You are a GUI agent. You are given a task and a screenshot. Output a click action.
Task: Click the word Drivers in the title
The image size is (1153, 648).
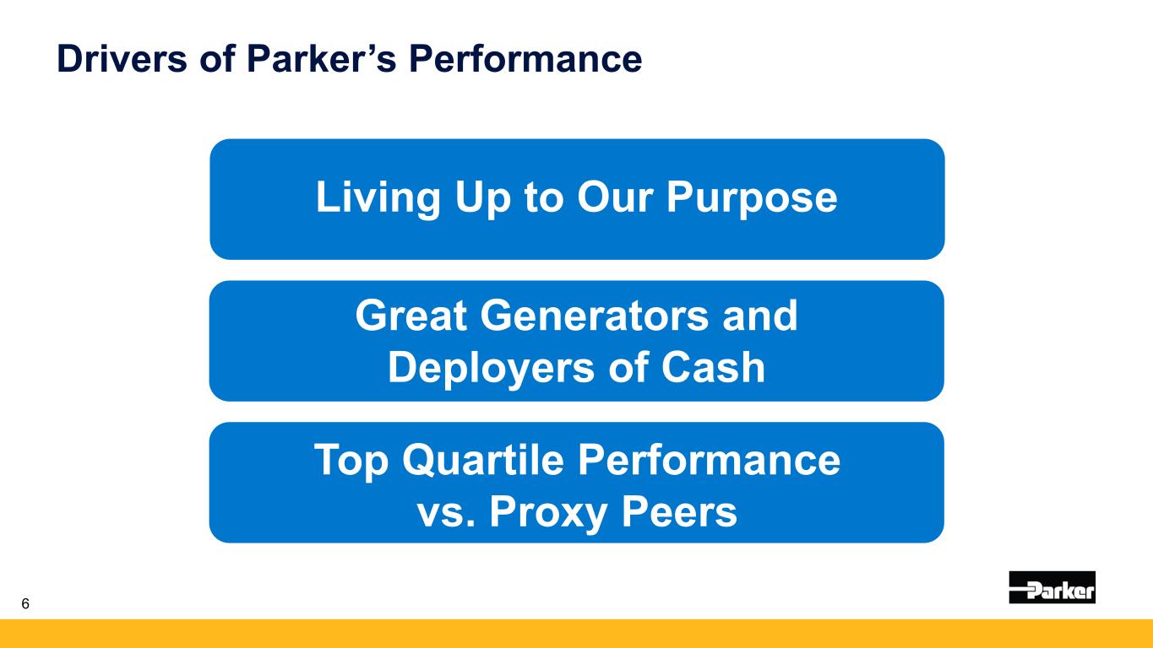pyautogui.click(x=122, y=58)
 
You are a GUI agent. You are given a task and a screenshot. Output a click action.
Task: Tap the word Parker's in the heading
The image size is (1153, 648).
pyautogui.click(x=322, y=58)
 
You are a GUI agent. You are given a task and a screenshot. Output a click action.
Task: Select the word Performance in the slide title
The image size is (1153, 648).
pyautogui.click(x=525, y=58)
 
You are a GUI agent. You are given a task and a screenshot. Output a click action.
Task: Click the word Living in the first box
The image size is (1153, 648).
pyautogui.click(x=378, y=198)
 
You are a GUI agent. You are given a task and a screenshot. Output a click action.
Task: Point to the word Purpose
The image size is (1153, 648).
pyautogui.click(x=752, y=198)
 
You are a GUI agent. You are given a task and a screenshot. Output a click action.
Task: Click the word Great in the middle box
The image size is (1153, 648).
pyautogui.click(x=411, y=315)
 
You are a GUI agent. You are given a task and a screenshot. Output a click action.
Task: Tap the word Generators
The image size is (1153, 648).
pyautogui.click(x=595, y=315)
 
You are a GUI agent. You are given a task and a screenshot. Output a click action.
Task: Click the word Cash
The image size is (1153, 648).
pyautogui.click(x=713, y=367)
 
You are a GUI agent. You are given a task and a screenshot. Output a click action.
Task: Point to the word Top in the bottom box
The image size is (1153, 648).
pyautogui.click(x=351, y=461)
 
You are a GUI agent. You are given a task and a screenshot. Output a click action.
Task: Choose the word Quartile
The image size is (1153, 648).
pyautogui.click(x=483, y=460)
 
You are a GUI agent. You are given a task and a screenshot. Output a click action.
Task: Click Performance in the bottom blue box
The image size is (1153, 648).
pyautogui.click(x=709, y=460)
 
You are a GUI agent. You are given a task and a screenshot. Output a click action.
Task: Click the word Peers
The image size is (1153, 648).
pyautogui.click(x=679, y=511)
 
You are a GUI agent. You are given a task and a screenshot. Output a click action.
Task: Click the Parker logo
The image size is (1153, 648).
pyautogui.click(x=1052, y=586)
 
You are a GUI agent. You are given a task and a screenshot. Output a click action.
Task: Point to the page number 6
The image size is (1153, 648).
pyautogui.click(x=25, y=604)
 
